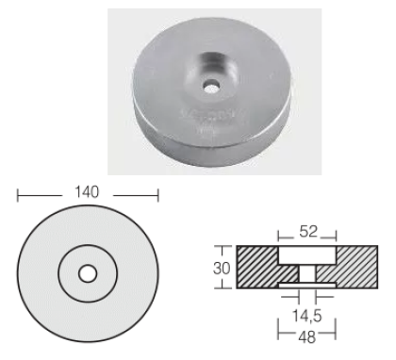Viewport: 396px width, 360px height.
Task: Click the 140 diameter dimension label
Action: pyautogui.click(x=87, y=192)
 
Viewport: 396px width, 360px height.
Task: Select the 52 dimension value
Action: pyautogui.click(x=308, y=232)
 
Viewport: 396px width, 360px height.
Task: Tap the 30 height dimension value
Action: pyautogui.click(x=222, y=269)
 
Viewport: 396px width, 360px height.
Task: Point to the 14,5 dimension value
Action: pyautogui.click(x=307, y=316)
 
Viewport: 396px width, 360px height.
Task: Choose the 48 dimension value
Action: pyautogui.click(x=306, y=336)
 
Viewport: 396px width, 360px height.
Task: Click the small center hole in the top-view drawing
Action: pyautogui.click(x=88, y=273)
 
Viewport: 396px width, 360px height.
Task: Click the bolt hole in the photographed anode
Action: pyautogui.click(x=211, y=87)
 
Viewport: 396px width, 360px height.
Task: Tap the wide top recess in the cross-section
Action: pyautogui.click(x=307, y=255)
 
